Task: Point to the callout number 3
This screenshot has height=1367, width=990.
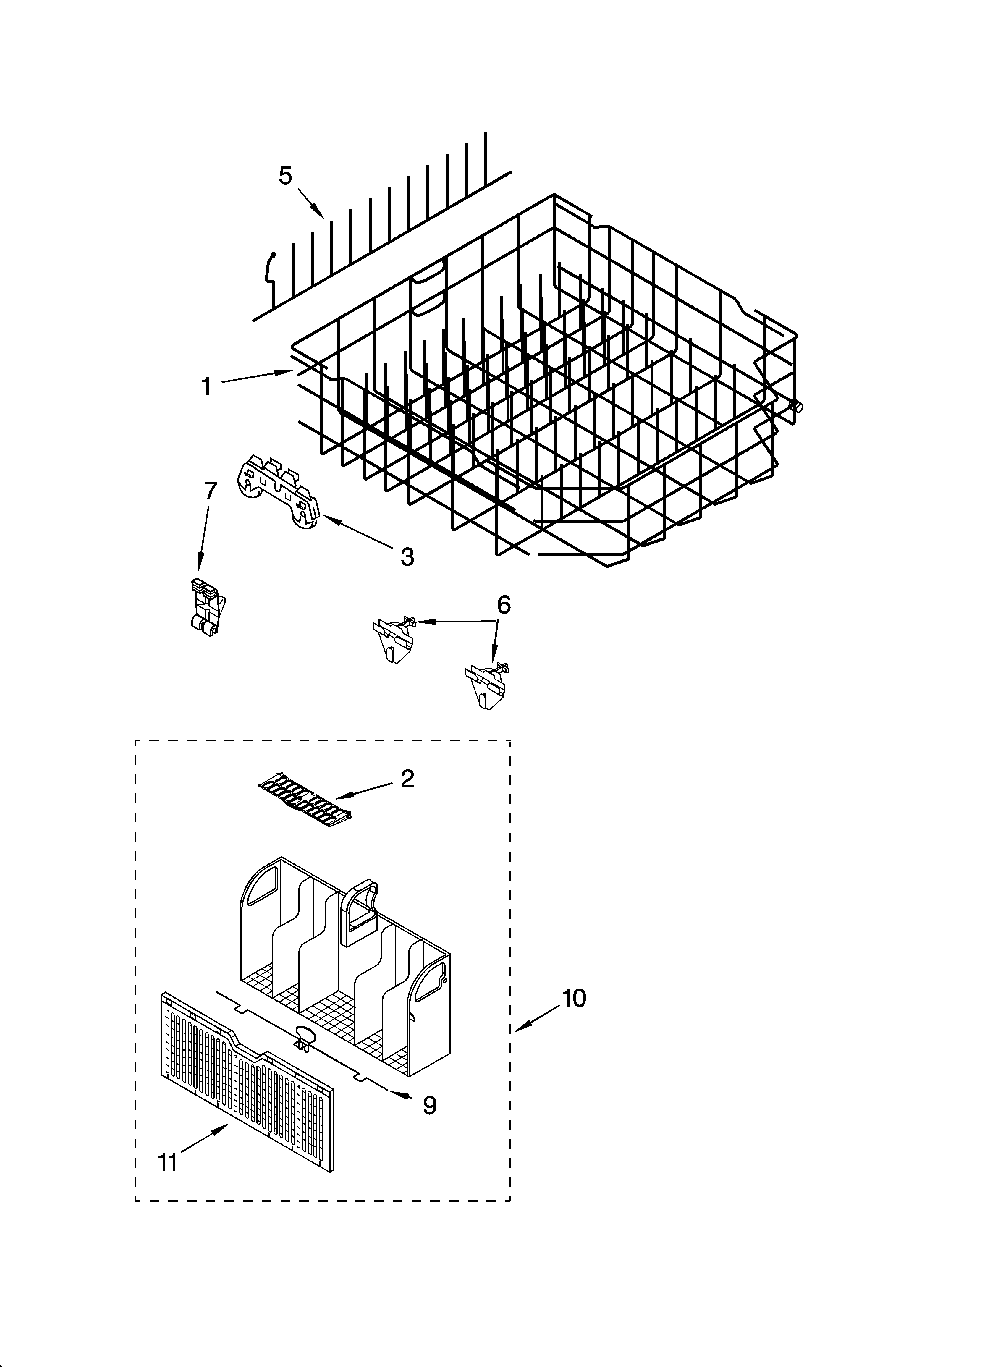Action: coord(407,557)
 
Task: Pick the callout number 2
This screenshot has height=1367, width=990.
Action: coord(407,779)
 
